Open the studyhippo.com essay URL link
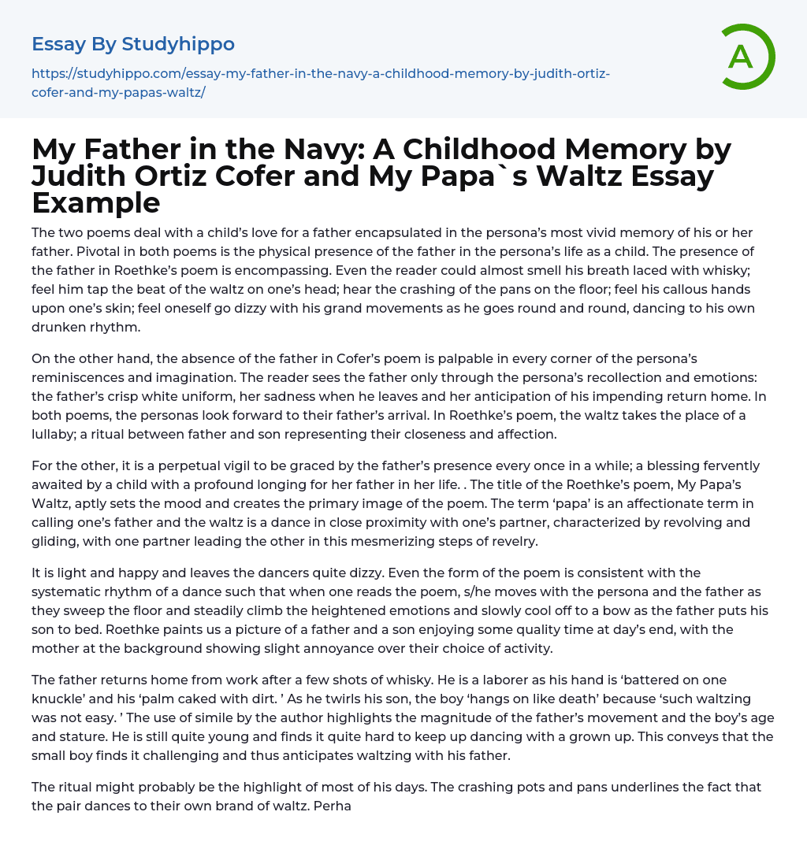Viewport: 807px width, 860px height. point(320,83)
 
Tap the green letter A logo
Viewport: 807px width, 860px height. point(741,57)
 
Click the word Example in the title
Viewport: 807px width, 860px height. point(96,203)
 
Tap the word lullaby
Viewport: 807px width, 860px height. point(56,434)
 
